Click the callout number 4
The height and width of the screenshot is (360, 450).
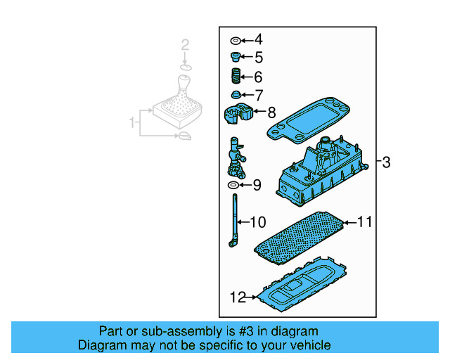258,39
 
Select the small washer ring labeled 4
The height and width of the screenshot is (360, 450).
235,40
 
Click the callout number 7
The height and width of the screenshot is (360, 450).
258,95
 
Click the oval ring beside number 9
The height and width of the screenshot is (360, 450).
233,185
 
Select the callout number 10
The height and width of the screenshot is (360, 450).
258,223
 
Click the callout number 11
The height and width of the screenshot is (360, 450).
364,222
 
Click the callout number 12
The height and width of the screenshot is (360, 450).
238,297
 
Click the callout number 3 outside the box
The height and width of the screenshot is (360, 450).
386,162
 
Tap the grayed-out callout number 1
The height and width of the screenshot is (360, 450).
131,123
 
